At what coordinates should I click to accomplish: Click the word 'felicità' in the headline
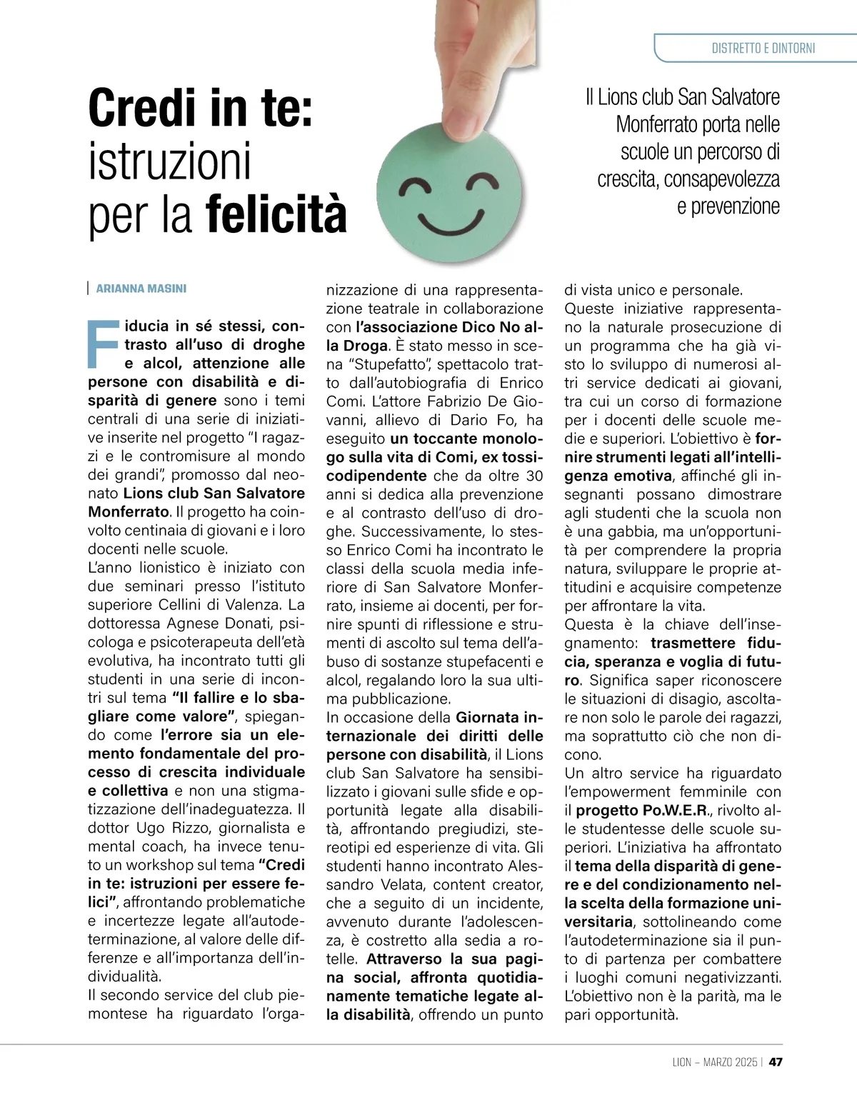276,214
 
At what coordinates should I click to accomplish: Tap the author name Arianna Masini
141,289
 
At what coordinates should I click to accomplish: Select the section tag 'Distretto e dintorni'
763,49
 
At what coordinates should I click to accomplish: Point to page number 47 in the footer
776,1062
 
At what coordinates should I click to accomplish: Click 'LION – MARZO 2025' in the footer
714,1062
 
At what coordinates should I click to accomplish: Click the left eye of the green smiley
412,187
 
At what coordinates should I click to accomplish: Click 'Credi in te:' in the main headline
201,107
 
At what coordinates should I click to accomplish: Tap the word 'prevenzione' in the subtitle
728,206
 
